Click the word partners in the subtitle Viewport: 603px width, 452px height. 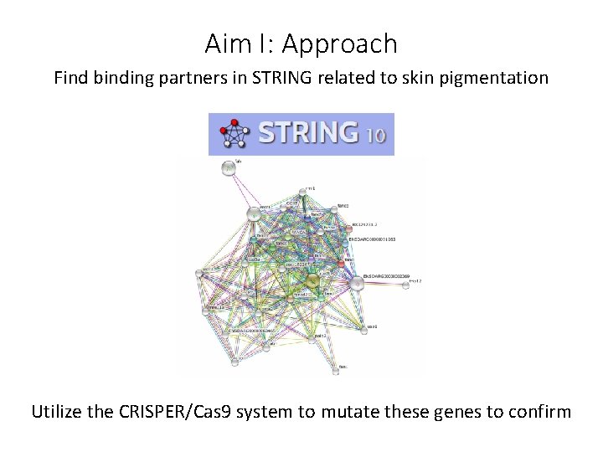tap(188, 79)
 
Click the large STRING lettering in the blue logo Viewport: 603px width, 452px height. tap(307, 134)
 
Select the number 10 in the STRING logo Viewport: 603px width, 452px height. tap(376, 135)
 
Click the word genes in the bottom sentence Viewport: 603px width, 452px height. tap(457, 412)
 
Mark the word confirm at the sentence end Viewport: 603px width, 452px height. tap(541, 412)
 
